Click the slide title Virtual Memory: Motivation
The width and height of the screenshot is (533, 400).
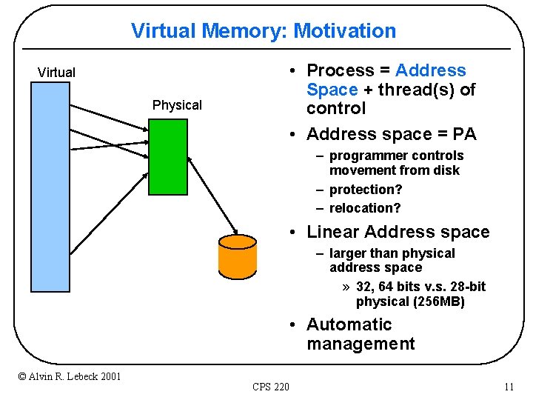click(x=264, y=31)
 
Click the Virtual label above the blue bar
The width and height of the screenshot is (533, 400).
click(x=56, y=73)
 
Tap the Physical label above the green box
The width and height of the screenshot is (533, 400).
click(x=177, y=105)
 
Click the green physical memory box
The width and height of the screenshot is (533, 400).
click(x=167, y=156)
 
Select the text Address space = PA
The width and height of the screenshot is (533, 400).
click(x=391, y=134)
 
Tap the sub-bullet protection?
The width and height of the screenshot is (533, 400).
click(x=366, y=190)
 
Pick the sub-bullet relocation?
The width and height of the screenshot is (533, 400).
click(x=365, y=208)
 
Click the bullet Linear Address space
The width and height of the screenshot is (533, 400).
click(x=398, y=232)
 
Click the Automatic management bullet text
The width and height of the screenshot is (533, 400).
click(x=361, y=334)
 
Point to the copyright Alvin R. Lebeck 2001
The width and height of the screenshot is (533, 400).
click(x=70, y=376)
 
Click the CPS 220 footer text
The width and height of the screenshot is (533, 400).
click(x=271, y=387)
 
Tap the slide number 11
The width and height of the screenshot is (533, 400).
click(x=508, y=387)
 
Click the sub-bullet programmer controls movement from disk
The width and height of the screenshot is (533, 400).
click(x=396, y=163)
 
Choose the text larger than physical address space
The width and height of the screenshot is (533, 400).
click(x=392, y=260)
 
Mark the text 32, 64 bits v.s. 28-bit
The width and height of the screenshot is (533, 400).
click(x=420, y=287)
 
